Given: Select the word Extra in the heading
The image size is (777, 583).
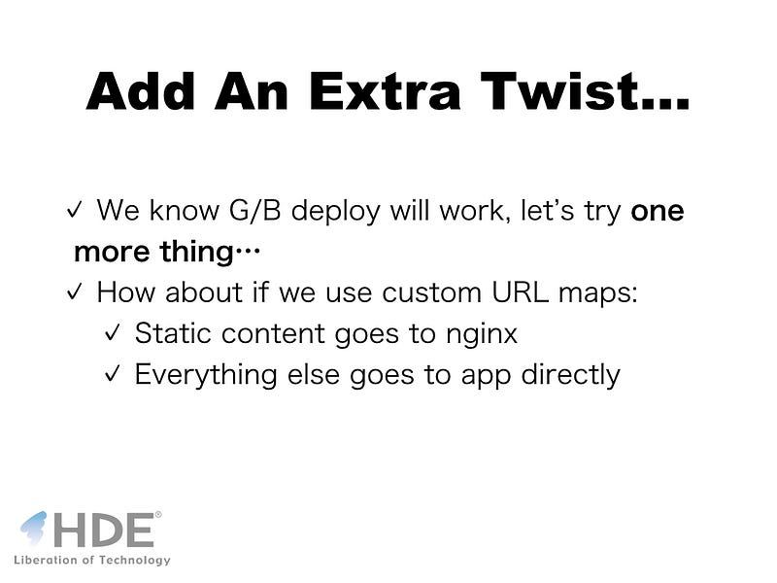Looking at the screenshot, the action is (x=385, y=91).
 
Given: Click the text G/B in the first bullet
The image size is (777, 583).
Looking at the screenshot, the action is (x=254, y=210).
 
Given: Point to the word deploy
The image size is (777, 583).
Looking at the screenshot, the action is (x=335, y=212).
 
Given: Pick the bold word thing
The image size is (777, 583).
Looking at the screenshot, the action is (x=196, y=253).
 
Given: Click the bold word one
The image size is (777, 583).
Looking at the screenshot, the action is (x=658, y=212).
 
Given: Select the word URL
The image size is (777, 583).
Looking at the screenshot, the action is (x=520, y=292).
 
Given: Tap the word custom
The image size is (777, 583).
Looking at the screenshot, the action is (x=431, y=292).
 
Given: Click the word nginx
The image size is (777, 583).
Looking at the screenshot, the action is (x=482, y=334).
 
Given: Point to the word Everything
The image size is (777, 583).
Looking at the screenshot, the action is (x=206, y=375).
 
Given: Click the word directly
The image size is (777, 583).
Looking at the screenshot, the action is (x=570, y=375).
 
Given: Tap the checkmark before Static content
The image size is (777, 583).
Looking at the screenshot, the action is (x=113, y=332).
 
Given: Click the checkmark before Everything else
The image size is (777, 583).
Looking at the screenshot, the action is (x=113, y=374).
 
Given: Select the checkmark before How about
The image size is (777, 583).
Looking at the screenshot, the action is (x=75, y=291).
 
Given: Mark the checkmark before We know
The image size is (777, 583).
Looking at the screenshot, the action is (x=75, y=210).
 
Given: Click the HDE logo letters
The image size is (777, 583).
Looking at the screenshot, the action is (x=103, y=530).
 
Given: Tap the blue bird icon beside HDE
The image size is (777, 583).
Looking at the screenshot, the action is (x=34, y=528).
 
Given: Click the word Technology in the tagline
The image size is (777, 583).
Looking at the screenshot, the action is (x=134, y=561).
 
